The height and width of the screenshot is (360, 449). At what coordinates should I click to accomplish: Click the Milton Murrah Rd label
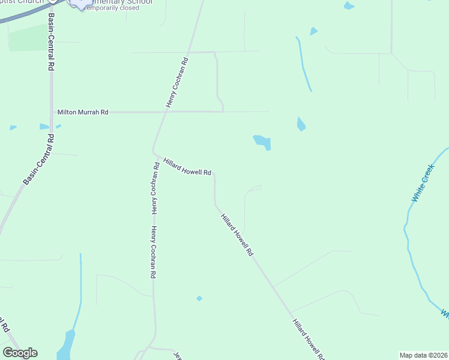coord(83,112)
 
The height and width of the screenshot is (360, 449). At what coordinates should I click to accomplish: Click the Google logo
coord(20,353)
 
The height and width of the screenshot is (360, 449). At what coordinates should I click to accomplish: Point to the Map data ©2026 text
coord(423,355)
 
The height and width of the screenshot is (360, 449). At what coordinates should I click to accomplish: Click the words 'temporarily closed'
coord(119,8)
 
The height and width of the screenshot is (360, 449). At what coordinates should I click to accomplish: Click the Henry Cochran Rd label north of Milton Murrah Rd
coord(178,83)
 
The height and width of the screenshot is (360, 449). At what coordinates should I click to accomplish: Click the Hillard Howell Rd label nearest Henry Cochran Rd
coord(188,167)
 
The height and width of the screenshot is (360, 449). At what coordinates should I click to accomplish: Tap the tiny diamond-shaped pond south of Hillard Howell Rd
coord(199,298)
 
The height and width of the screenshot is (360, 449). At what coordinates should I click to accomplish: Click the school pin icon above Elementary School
coord(79,3)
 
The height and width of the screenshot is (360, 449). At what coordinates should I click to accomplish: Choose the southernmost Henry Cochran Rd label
coord(154,252)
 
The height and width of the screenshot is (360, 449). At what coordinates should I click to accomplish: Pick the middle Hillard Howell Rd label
coord(236,235)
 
